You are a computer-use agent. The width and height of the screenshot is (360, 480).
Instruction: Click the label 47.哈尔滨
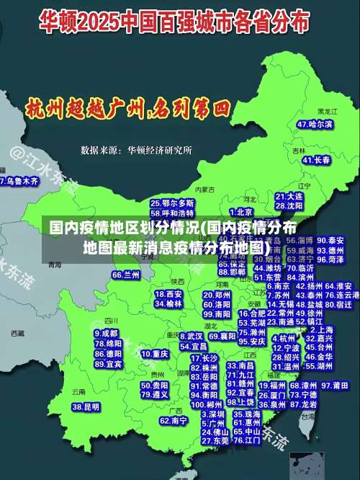click(x=316, y=124)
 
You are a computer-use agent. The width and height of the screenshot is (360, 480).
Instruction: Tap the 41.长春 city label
click(x=316, y=159)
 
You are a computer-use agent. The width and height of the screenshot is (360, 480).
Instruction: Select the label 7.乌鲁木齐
click(x=19, y=182)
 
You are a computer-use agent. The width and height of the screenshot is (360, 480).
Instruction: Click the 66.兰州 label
click(x=126, y=275)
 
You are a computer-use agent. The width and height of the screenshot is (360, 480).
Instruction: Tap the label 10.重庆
click(x=155, y=354)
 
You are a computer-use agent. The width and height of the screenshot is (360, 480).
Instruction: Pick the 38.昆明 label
click(x=86, y=407)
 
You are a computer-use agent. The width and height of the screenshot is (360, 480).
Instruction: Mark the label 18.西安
click(x=169, y=294)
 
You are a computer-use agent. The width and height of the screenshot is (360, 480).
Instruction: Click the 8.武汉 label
click(x=191, y=336)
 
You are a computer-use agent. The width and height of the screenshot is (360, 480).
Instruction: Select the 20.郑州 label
click(x=217, y=294)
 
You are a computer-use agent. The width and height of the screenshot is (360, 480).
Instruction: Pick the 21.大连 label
click(x=289, y=195)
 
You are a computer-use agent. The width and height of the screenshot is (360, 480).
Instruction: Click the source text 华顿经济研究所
click(x=159, y=151)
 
